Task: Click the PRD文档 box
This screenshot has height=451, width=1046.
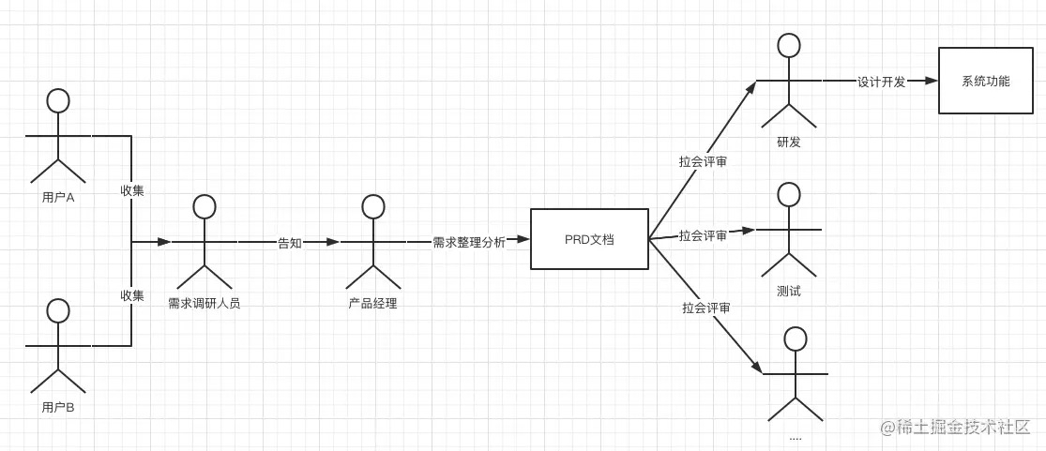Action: click(x=589, y=239)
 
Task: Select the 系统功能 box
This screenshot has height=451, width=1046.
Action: click(x=985, y=82)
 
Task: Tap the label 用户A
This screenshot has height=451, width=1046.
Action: click(x=58, y=198)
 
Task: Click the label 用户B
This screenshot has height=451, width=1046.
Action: click(x=58, y=407)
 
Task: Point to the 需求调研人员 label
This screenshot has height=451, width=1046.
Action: click(x=204, y=303)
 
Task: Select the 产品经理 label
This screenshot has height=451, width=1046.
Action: click(x=372, y=303)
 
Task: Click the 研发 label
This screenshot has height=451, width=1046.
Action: click(x=789, y=142)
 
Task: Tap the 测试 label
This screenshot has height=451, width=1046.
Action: click(x=789, y=291)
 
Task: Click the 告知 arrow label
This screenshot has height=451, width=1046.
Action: click(x=289, y=242)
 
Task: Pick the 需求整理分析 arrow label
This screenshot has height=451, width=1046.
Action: click(x=468, y=242)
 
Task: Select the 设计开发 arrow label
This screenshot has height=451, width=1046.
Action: click(x=881, y=82)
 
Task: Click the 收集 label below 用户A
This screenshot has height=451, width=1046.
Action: click(x=131, y=190)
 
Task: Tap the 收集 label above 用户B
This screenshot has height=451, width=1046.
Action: click(x=131, y=294)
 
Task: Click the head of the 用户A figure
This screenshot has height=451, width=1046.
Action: click(x=58, y=100)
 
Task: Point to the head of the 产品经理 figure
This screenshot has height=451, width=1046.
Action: click(x=373, y=206)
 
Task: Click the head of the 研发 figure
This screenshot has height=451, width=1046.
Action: click(x=789, y=45)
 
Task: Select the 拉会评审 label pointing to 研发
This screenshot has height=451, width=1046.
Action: click(x=703, y=161)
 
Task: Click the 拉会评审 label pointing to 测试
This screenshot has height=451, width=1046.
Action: click(x=703, y=235)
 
